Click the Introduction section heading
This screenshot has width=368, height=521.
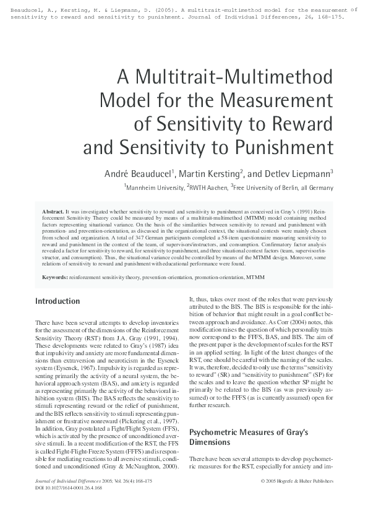pyautogui.click(x=58, y=301)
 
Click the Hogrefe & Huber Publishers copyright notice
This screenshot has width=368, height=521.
pyautogui.click(x=297, y=480)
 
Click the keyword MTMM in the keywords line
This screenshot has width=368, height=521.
pyautogui.click(x=256, y=277)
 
